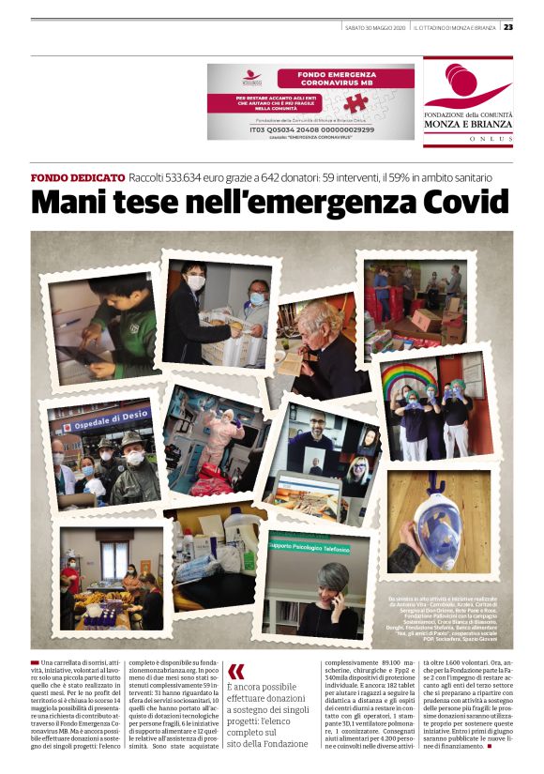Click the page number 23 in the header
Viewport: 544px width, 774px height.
click(x=507, y=27)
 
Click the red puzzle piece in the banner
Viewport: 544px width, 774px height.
click(x=355, y=103)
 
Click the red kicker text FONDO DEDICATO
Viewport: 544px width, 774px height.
click(x=78, y=177)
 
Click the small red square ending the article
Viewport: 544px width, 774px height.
click(x=489, y=746)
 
